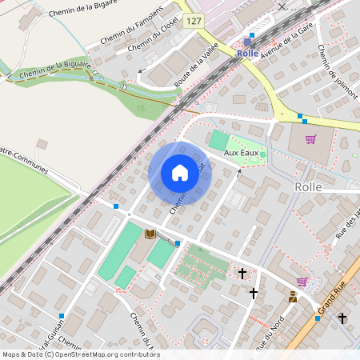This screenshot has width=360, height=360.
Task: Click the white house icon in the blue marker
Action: point(180,173)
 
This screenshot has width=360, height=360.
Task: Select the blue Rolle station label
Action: point(249,53)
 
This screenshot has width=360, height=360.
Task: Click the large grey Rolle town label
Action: point(307,186)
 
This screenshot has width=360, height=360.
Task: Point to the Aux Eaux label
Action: point(240,152)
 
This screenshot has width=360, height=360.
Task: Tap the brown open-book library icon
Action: point(150,234)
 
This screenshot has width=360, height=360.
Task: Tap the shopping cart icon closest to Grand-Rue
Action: point(302,282)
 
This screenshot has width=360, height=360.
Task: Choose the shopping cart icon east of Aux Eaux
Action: point(310,138)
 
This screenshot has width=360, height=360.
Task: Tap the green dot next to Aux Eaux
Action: point(262,154)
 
